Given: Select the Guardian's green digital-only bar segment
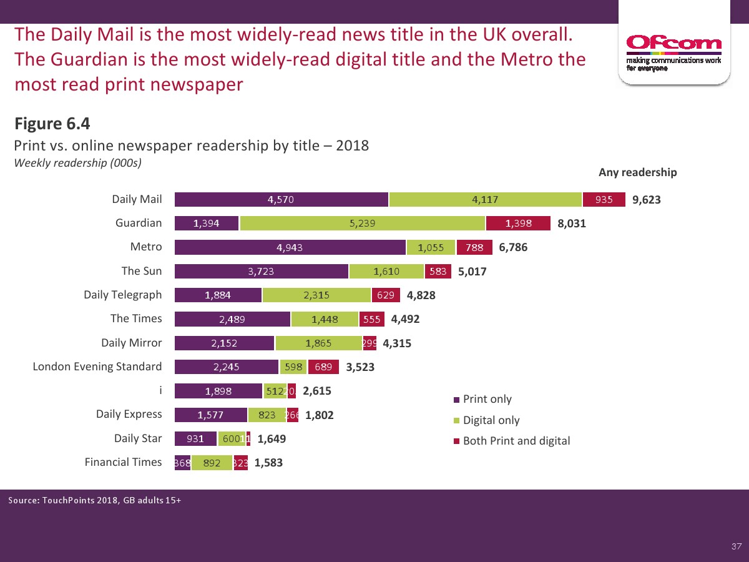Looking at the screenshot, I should [362, 224].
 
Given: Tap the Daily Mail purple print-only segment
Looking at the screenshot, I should [281, 200].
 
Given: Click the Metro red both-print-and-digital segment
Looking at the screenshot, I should [474, 247].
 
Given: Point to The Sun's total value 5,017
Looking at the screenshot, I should [472, 272].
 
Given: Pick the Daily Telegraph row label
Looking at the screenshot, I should [122, 295].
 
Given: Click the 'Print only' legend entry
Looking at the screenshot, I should [487, 399].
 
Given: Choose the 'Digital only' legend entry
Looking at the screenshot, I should [491, 420].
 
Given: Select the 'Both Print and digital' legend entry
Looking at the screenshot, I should [516, 441].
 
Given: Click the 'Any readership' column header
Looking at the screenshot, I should [637, 172].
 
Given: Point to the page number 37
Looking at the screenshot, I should [737, 547].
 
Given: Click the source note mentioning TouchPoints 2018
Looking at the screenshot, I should [95, 500].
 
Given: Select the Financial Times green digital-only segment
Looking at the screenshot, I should [212, 463].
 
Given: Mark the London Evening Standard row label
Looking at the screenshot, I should [97, 367].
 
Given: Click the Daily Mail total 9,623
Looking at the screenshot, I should [646, 200].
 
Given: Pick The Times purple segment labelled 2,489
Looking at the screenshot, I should [232, 319].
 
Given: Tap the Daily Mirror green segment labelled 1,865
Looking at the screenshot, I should [318, 343].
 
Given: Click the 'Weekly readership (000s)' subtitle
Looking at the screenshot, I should [78, 163].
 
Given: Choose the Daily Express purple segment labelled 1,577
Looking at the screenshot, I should [211, 415].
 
